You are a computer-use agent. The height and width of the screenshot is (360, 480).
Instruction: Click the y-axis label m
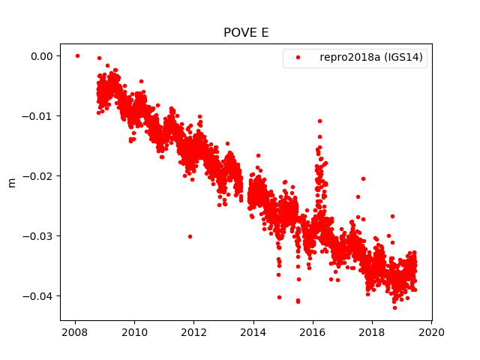[x=11, y=182]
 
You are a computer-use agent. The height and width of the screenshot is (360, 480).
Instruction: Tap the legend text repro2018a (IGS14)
[x=373, y=58]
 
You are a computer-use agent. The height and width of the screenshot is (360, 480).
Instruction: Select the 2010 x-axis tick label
[x=134, y=332]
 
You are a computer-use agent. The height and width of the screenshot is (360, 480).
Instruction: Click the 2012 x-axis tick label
[x=193, y=332]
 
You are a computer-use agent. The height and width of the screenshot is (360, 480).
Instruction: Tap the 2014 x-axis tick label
[x=253, y=332]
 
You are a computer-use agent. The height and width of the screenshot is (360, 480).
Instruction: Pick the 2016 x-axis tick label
[x=313, y=332]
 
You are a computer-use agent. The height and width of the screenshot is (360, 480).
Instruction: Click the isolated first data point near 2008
[x=77, y=55]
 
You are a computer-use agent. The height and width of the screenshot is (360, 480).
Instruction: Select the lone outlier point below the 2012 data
[x=190, y=236]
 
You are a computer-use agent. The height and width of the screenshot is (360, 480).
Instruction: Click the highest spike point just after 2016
[x=319, y=121]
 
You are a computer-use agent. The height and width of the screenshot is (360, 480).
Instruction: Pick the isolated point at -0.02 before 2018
[x=364, y=178]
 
